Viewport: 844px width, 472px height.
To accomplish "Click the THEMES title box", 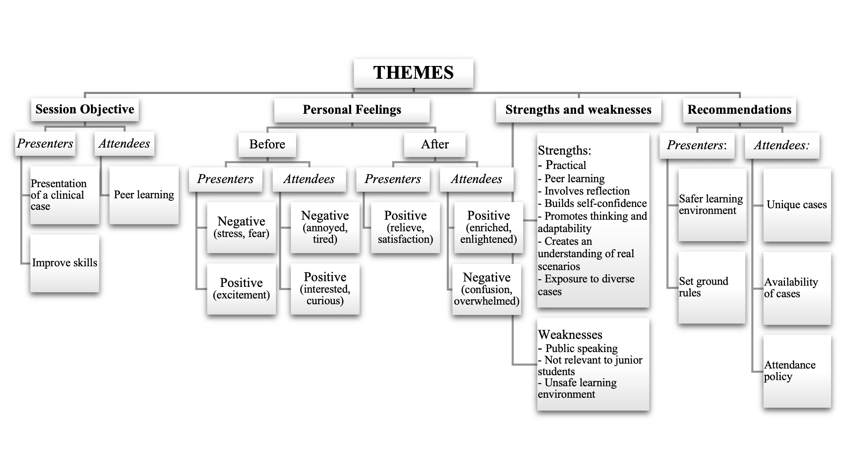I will point(413,73).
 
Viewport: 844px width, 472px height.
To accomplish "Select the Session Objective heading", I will point(85,109).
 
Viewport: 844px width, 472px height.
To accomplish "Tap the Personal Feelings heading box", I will point(352,110).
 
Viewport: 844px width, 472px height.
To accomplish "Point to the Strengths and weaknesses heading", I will point(578,110).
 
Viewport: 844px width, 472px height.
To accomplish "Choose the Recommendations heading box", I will point(739,110).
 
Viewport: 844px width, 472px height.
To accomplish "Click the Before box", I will point(267,144).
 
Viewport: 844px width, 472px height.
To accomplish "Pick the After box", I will point(435,144).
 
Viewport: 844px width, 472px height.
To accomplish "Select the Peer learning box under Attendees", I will point(144,195).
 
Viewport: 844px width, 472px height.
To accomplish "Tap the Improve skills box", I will point(65,263).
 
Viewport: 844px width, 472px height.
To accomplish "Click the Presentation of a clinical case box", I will point(65,195).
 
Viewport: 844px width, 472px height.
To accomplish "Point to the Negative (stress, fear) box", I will point(241,227).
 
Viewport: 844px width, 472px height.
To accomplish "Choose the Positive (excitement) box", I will point(241,289).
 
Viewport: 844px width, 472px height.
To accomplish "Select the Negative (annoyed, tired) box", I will point(325,227).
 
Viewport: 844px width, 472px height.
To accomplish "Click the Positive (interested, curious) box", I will point(325,289).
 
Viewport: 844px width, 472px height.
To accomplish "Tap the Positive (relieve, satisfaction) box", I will point(405,227).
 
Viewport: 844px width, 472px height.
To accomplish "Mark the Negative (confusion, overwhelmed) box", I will point(487,289).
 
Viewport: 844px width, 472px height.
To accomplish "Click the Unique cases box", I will point(797,205).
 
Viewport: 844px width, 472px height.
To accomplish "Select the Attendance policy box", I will point(797,371).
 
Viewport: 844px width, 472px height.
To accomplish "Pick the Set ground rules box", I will point(712,287).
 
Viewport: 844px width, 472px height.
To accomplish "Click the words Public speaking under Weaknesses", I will point(581,349).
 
